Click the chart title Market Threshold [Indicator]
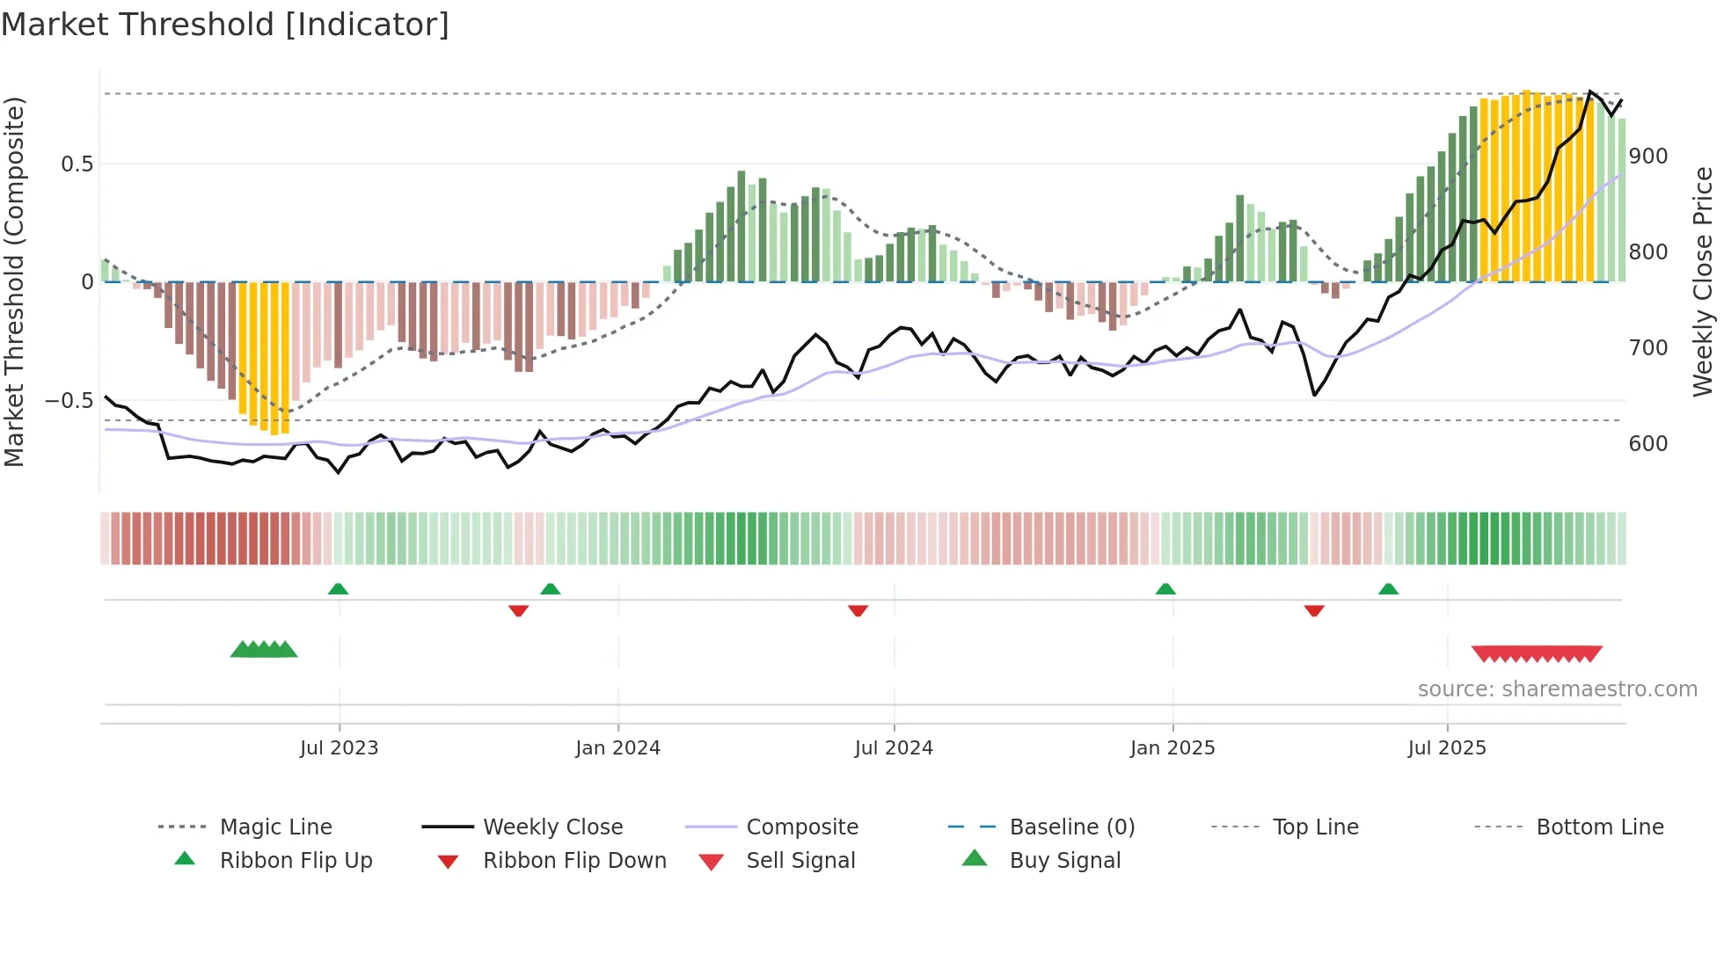point(225,25)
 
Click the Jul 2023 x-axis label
point(339,748)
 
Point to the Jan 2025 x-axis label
point(1172,748)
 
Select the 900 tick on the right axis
point(1647,157)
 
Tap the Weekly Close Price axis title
point(1703,281)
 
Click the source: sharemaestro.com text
point(1557,689)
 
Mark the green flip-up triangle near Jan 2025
point(1165,589)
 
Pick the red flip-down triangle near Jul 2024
point(858,610)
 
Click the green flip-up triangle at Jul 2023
point(338,589)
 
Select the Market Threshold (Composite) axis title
point(15,281)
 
